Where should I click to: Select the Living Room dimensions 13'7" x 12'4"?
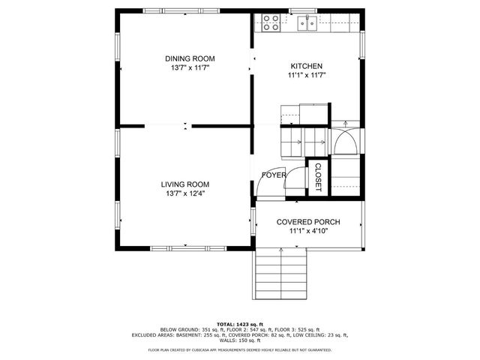pyautogui.click(x=184, y=193)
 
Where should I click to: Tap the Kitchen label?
pyautogui.click(x=307, y=66)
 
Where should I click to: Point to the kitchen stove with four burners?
pyautogui.click(x=271, y=22)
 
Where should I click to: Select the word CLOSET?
pyautogui.click(x=317, y=177)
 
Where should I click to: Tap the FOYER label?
pyautogui.click(x=273, y=175)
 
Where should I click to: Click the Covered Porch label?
pyautogui.click(x=308, y=222)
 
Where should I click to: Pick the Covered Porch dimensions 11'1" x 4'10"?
pyautogui.click(x=308, y=231)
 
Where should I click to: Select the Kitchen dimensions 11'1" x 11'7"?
pyautogui.click(x=307, y=75)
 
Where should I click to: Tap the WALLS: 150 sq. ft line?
pyautogui.click(x=239, y=340)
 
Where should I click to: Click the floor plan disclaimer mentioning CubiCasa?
pyautogui.click(x=239, y=349)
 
